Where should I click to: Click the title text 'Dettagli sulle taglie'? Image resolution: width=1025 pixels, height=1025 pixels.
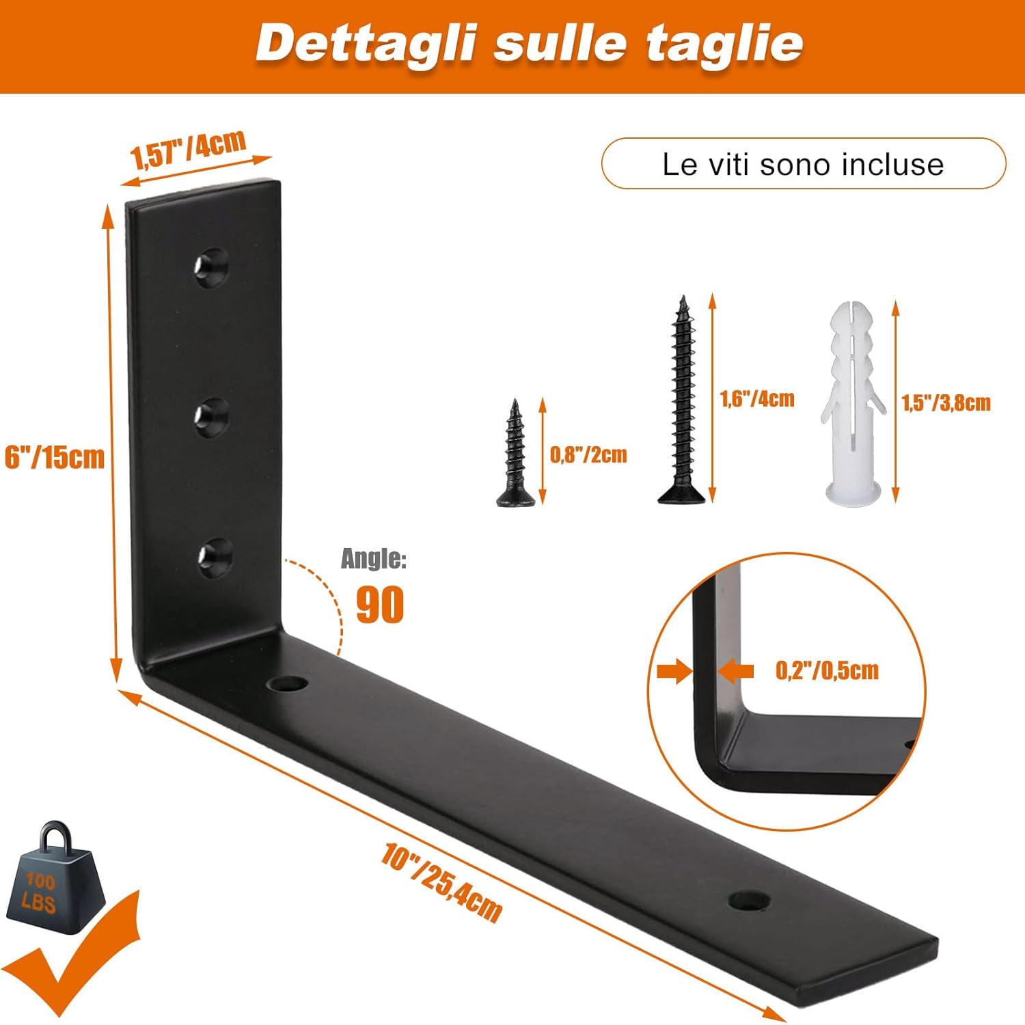[x=530, y=43]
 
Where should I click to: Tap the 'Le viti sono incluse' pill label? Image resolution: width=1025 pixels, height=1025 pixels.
[x=803, y=164]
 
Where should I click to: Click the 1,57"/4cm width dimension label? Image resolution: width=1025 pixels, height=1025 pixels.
[x=188, y=148]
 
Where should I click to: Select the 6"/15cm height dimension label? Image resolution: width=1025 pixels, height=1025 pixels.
[x=55, y=457]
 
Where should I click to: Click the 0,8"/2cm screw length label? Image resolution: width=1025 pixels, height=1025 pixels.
[x=588, y=455]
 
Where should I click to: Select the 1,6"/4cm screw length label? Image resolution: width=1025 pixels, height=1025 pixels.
[x=757, y=399]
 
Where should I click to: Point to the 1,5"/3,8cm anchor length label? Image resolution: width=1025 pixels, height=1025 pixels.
[x=946, y=403]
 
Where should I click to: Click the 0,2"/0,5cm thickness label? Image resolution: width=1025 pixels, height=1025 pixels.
[x=827, y=670]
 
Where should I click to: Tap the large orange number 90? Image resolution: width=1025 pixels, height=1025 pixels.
[x=380, y=604]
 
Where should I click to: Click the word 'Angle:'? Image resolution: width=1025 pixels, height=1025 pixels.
[x=374, y=559]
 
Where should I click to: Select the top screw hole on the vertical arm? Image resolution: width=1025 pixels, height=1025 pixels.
[x=211, y=266]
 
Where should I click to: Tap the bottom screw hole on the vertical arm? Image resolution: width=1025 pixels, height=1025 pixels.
[x=215, y=556]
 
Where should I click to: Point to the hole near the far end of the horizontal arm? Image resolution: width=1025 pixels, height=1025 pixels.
[x=749, y=901]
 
